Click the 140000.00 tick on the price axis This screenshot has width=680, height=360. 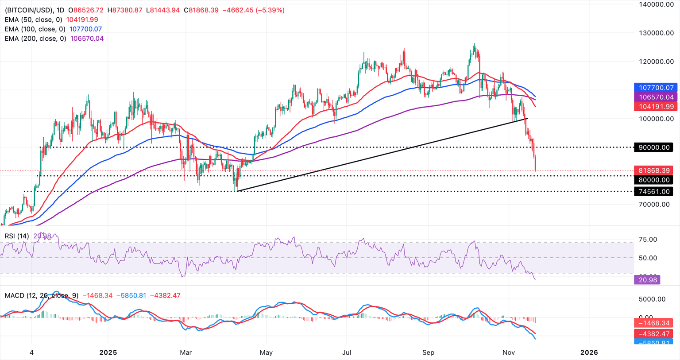pos(656,4)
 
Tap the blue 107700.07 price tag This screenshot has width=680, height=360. pos(654,88)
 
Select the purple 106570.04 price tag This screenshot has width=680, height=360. pos(654,97)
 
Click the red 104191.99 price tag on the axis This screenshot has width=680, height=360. pos(654,106)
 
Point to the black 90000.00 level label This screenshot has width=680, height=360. pos(654,147)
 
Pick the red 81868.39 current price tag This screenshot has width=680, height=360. pos(654,170)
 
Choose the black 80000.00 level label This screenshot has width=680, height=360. pos(654,180)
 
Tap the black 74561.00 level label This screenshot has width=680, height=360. pos(654,191)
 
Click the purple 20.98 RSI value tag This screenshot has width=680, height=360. pos(647,279)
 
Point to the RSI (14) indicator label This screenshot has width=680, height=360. pos(17,236)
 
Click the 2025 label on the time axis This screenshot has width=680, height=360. pos(108,352)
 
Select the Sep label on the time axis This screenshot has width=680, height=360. pos(428,352)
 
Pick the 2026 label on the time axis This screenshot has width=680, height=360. pos(589,352)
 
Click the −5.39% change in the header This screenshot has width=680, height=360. pos(268,10)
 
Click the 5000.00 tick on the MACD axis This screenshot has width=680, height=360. pos(652,299)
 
